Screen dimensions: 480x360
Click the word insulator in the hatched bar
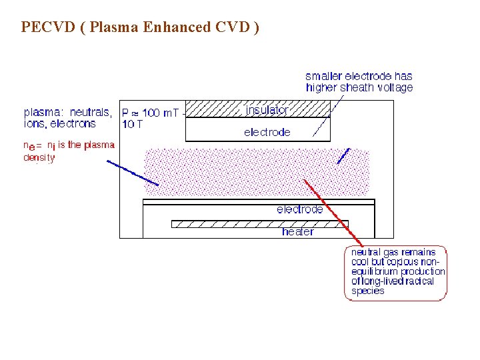[267, 109]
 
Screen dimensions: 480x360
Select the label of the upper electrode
[267, 132]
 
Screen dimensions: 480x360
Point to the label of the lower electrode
[300, 209]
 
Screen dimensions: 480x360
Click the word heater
[297, 232]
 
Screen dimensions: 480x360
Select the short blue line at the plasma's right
[343, 157]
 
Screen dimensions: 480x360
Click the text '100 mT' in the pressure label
[161, 113]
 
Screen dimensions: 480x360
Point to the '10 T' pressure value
[132, 124]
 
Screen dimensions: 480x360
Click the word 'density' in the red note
[39, 158]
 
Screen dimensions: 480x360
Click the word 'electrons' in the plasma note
[72, 123]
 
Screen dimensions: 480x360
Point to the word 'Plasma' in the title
[118, 27]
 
